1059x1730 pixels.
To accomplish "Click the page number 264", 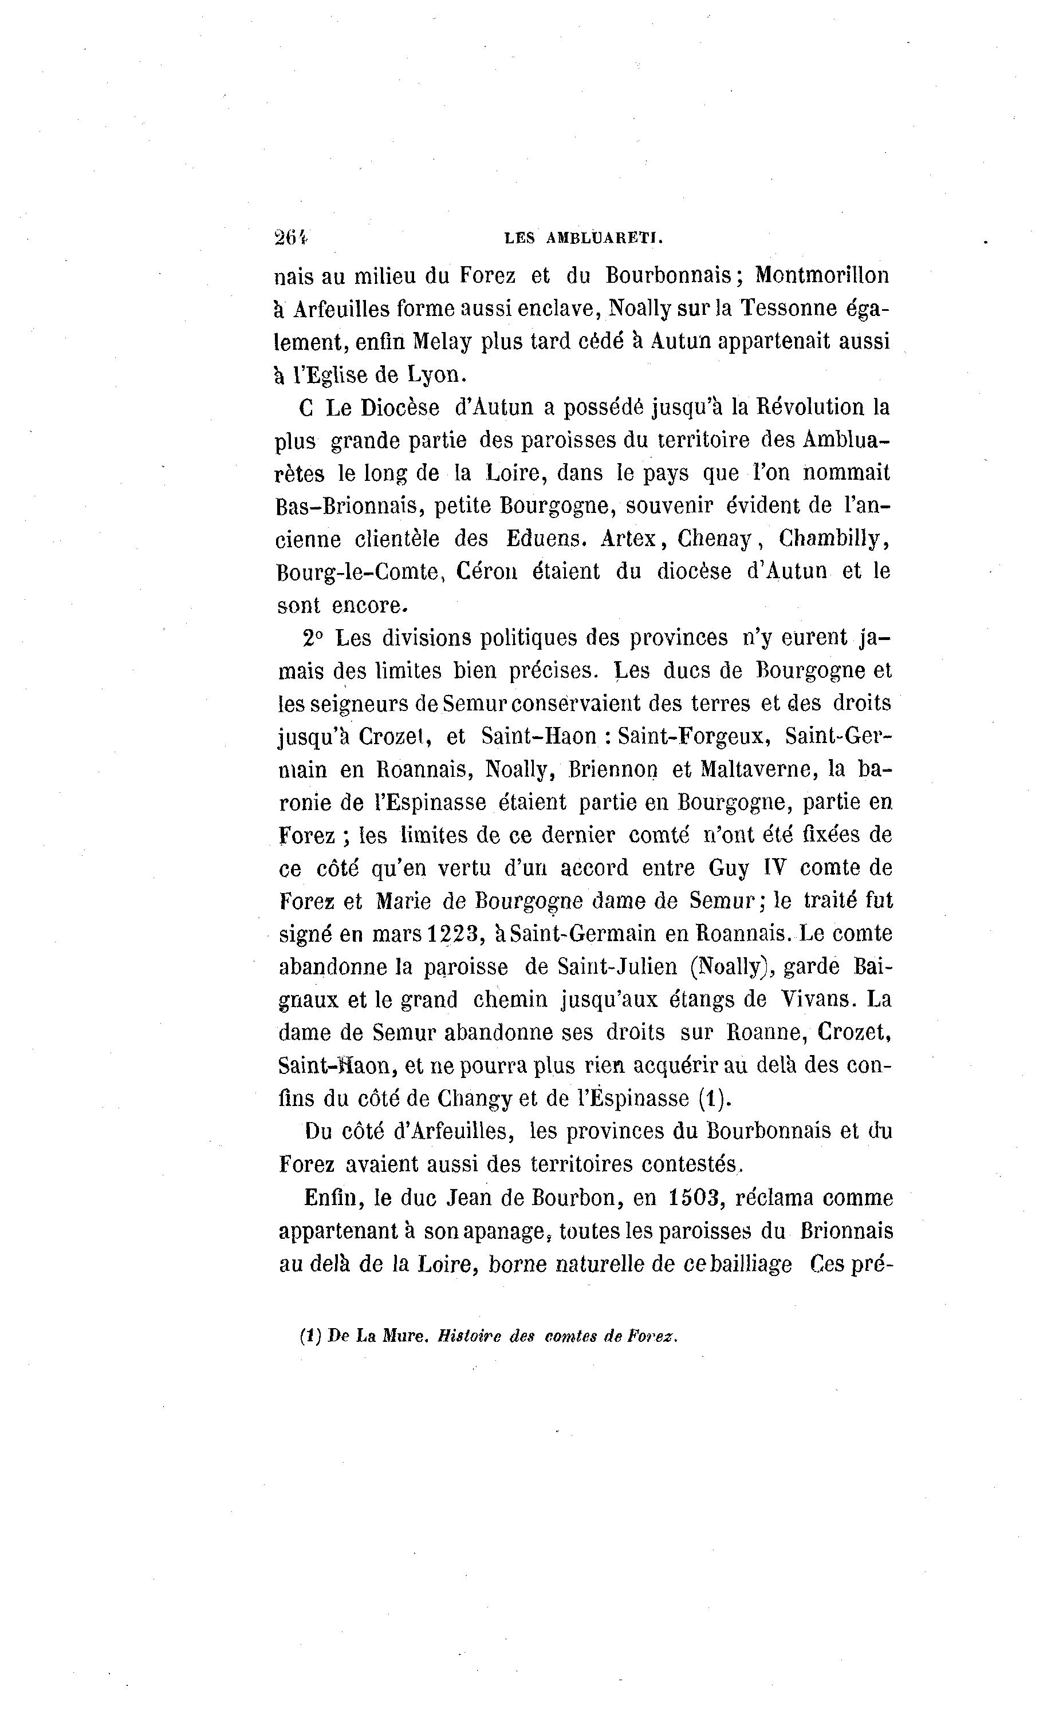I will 291,238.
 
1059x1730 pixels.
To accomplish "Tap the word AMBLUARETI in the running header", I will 604,239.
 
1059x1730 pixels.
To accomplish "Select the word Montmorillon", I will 822,275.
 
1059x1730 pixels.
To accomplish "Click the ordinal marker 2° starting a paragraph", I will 313,638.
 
